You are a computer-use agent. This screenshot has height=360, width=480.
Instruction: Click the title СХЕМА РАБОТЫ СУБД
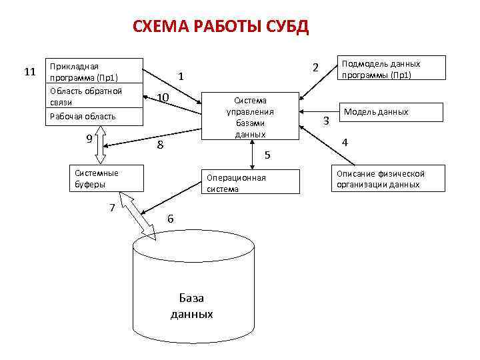pyautogui.click(x=220, y=27)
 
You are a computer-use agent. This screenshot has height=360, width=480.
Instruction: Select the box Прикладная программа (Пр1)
pyautogui.click(x=93, y=71)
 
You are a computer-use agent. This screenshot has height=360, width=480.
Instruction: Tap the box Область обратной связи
pyautogui.click(x=93, y=97)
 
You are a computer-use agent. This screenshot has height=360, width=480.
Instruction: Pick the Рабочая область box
pyautogui.click(x=93, y=117)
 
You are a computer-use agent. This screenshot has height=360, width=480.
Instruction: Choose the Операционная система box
pyautogui.click(x=250, y=183)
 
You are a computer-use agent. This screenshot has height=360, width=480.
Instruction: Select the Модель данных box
pyautogui.click(x=392, y=112)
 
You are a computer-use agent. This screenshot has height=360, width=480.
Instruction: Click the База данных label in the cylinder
pyautogui.click(x=192, y=305)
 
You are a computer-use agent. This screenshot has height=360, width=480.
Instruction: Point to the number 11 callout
pyautogui.click(x=29, y=71)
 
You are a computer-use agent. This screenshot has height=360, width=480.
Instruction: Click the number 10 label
pyautogui.click(x=163, y=99)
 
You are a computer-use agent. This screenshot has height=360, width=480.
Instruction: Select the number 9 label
pyautogui.click(x=89, y=139)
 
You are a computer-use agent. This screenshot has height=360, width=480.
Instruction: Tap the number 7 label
pyautogui.click(x=113, y=207)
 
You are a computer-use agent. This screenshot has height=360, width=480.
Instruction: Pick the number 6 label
pyautogui.click(x=171, y=219)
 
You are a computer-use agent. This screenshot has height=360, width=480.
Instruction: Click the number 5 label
pyautogui.click(x=267, y=155)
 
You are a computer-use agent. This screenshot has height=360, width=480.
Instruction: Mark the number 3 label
pyautogui.click(x=326, y=121)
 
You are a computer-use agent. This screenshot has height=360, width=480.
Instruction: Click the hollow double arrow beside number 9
pyautogui.click(x=101, y=145)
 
